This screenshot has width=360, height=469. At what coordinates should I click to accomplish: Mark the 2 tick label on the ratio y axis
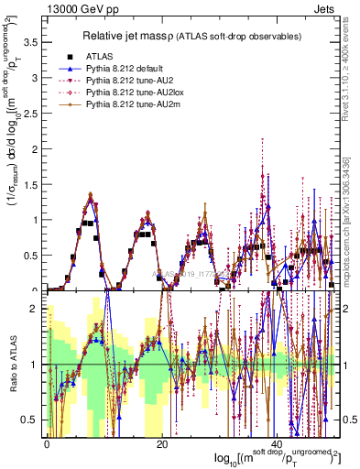[x=36, y=309]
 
